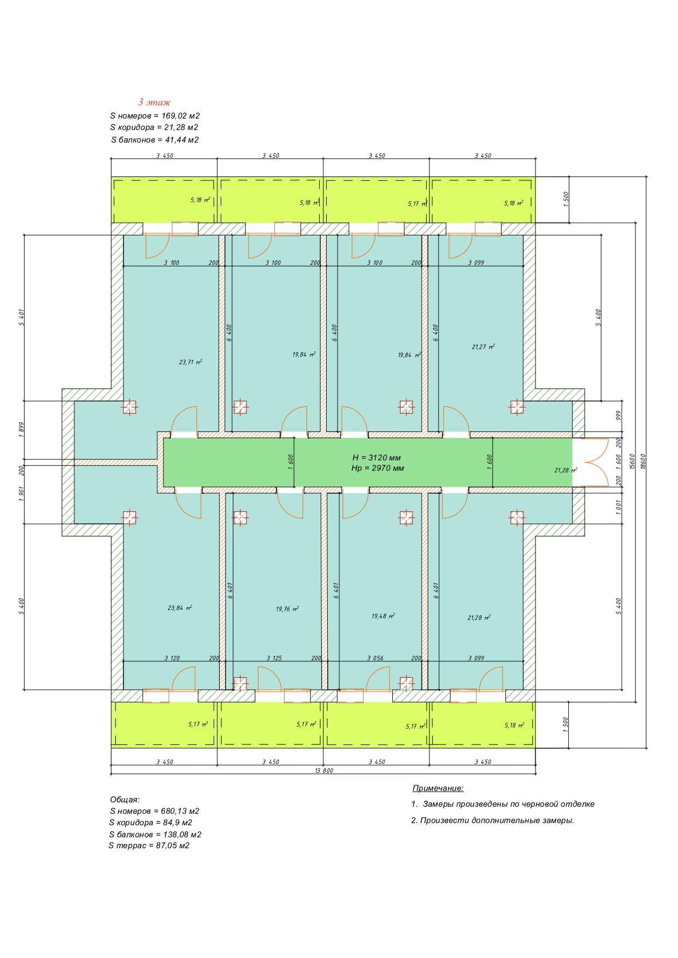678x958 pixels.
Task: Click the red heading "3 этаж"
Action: point(154,102)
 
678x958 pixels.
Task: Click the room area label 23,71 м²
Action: point(191,362)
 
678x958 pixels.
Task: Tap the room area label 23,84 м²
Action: point(180,607)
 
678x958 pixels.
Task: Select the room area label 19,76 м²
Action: point(287,608)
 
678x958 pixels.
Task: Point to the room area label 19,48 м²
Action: point(383,616)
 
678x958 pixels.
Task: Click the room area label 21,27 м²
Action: point(484,346)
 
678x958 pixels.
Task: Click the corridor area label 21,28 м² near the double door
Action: point(565,470)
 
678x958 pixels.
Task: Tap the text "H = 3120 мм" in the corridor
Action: point(377,458)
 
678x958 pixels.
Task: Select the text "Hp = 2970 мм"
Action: point(378,468)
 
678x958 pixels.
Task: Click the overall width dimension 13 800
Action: point(324,771)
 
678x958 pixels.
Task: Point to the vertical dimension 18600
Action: point(643,462)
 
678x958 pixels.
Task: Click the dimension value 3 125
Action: point(274,658)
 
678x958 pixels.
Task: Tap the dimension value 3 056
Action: point(375,658)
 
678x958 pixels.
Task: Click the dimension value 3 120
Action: point(172,658)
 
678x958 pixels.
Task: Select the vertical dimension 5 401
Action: point(22,317)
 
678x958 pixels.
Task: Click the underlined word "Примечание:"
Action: point(438,788)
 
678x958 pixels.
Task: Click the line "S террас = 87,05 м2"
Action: point(149,845)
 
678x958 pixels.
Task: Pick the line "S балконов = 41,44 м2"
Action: point(155,140)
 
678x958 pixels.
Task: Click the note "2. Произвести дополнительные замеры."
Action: point(493,820)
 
